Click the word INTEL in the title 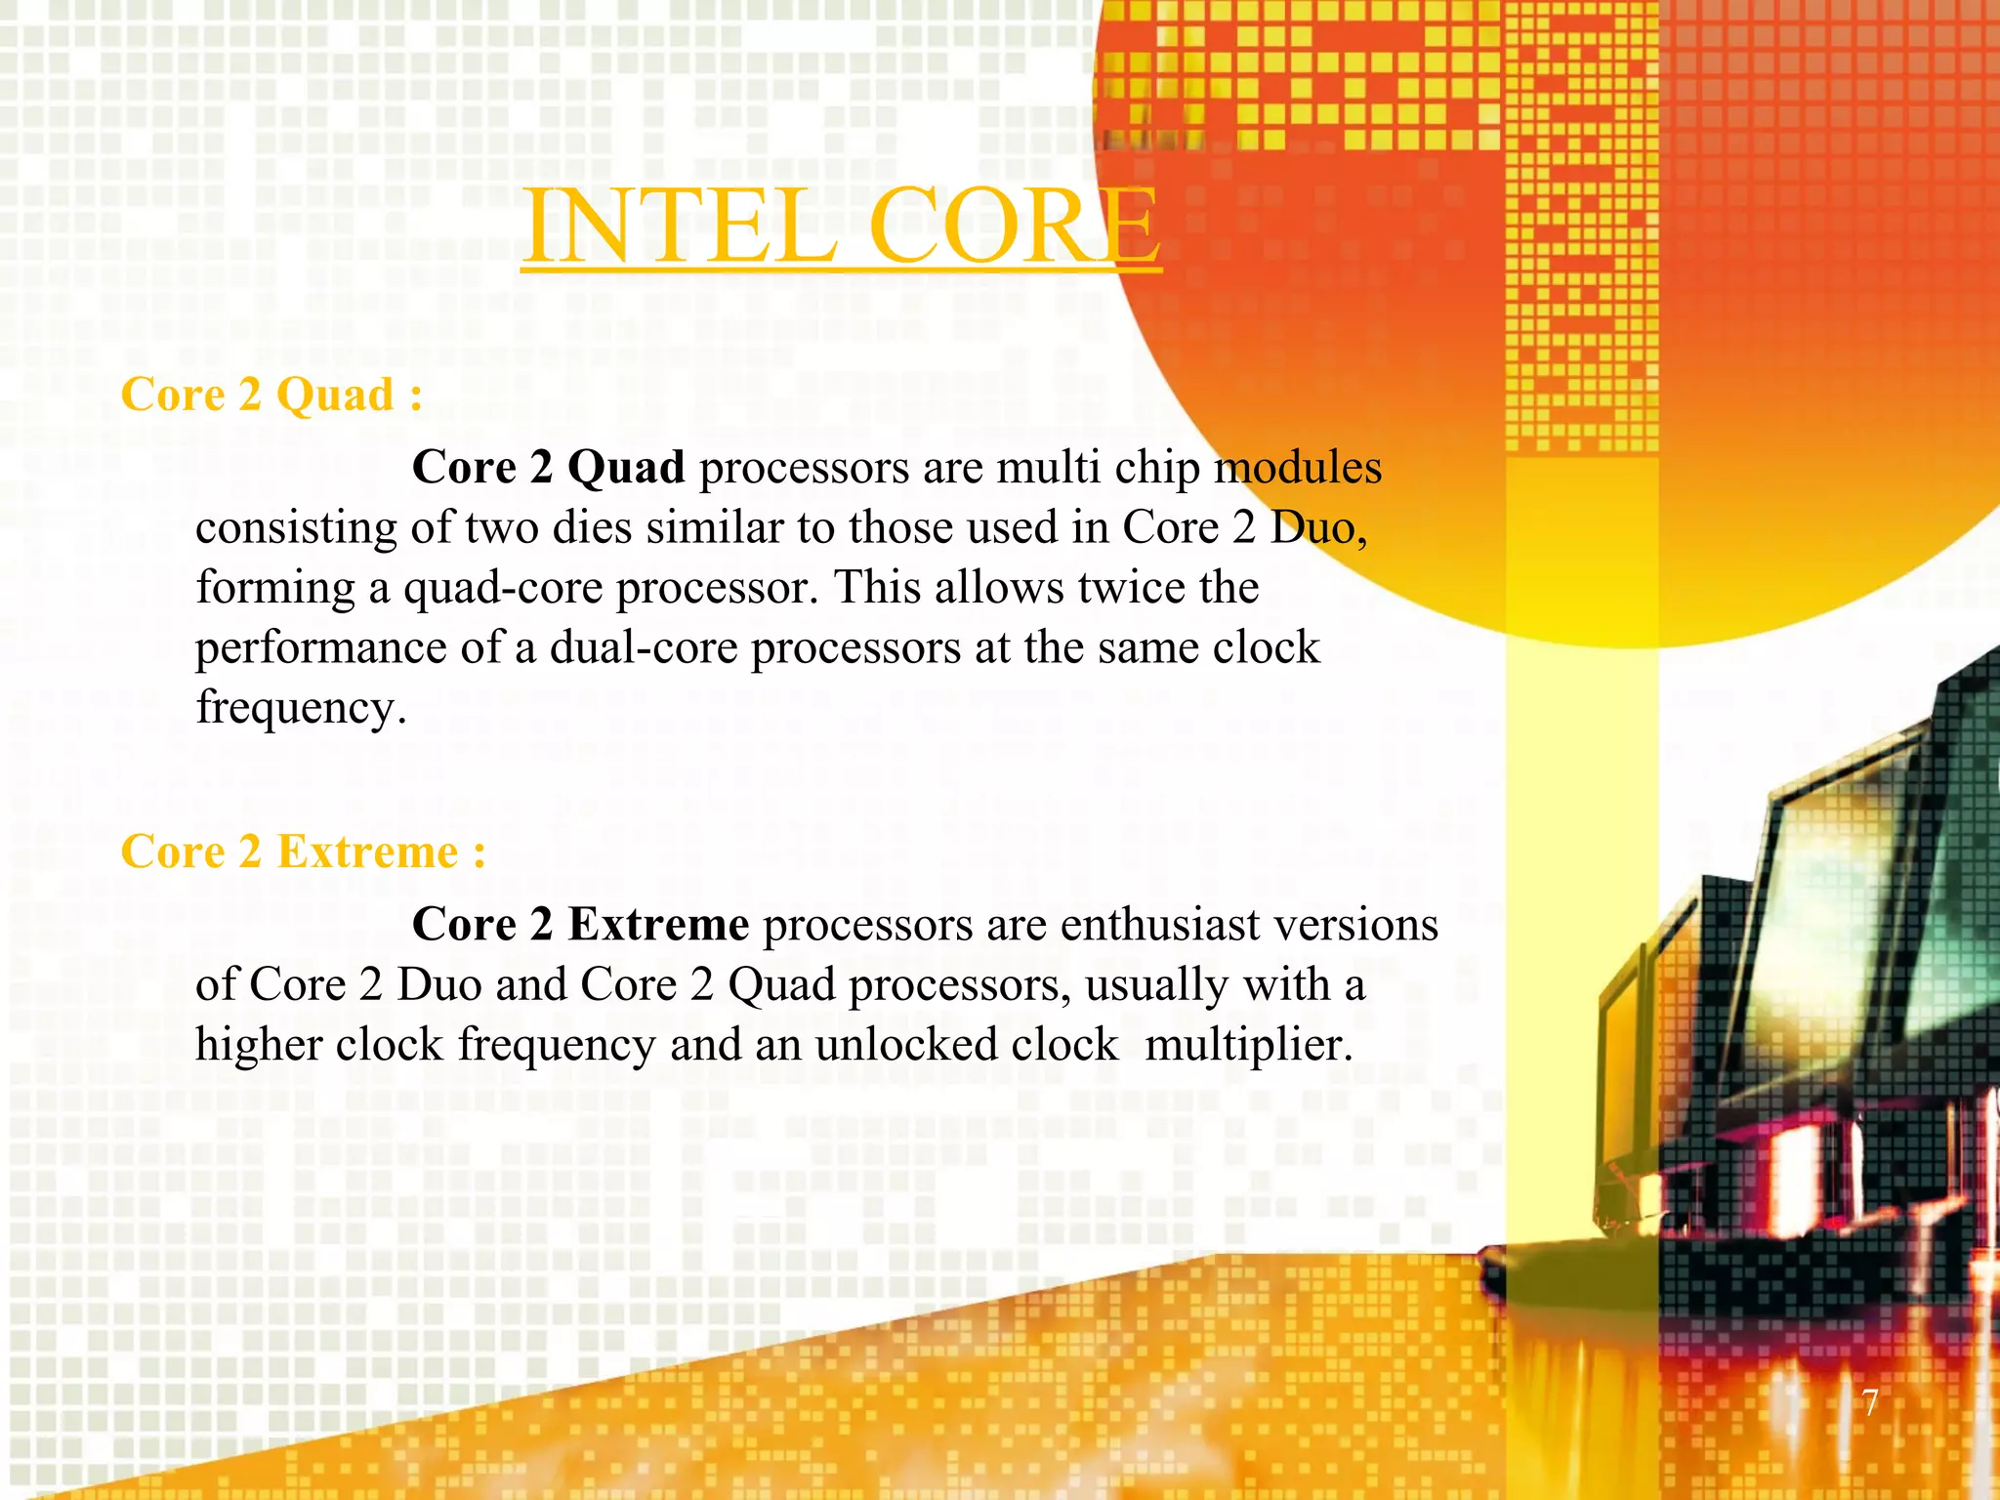[680, 227]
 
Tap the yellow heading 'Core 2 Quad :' [271, 396]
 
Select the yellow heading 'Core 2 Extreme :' [303, 852]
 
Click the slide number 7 [1869, 1402]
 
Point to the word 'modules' [1298, 468]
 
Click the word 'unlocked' [905, 1045]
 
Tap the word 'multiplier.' [1249, 1046]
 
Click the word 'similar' [714, 528]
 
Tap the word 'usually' [1156, 986]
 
